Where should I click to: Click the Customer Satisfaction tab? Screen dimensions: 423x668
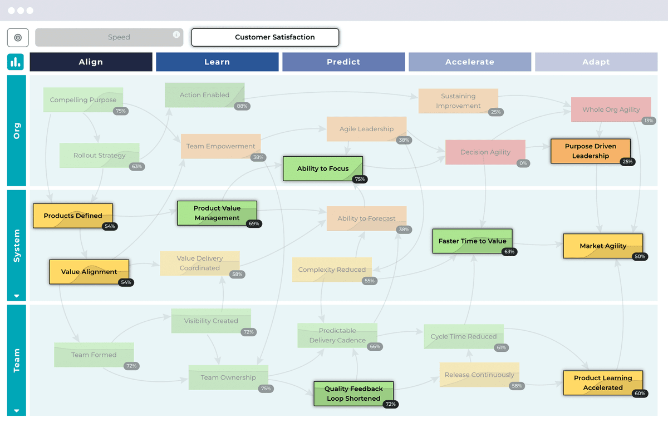click(x=265, y=37)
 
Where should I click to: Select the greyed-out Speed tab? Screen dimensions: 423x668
click(x=109, y=37)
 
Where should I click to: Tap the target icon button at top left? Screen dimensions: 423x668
click(x=18, y=37)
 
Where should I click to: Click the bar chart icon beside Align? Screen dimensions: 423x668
click(x=16, y=62)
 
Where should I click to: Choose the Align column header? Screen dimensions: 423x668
click(x=91, y=62)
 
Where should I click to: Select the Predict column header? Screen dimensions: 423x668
click(x=343, y=62)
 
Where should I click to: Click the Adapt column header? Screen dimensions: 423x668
click(x=596, y=62)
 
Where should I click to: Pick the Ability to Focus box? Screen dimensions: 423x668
click(x=323, y=168)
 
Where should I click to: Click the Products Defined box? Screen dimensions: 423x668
click(x=73, y=216)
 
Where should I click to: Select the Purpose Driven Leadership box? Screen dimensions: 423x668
click(x=590, y=151)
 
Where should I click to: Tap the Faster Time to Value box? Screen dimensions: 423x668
click(x=472, y=241)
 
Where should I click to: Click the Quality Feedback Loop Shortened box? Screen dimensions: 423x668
click(x=353, y=394)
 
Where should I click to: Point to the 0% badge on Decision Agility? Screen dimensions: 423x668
click(x=523, y=163)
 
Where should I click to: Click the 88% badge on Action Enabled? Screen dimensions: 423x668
click(x=242, y=106)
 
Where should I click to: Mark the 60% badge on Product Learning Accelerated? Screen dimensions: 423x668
click(x=640, y=394)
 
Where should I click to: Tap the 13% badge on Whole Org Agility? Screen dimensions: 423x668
click(x=648, y=121)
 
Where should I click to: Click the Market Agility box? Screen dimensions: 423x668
click(x=603, y=246)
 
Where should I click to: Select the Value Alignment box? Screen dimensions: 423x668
click(x=89, y=272)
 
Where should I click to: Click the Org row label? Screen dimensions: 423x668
click(x=17, y=131)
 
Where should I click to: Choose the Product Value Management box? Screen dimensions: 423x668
click(x=217, y=213)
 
